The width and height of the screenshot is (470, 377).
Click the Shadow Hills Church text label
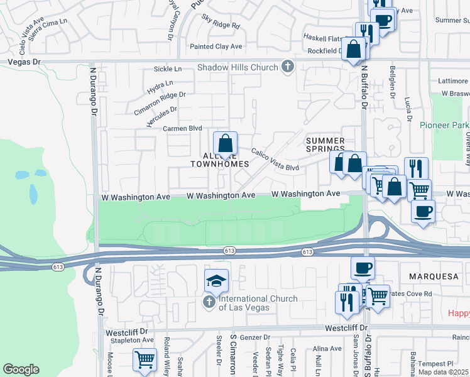(x=238, y=67)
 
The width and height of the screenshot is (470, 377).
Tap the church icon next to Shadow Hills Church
(x=288, y=67)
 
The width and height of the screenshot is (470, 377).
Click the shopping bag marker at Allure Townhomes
(x=224, y=143)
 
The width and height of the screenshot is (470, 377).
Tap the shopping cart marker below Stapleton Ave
(x=145, y=360)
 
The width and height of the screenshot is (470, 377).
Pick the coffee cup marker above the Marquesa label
(x=363, y=268)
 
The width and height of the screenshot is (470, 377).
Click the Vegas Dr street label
(x=24, y=62)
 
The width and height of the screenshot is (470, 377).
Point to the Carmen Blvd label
(x=182, y=128)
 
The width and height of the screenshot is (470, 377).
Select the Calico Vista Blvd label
(x=275, y=160)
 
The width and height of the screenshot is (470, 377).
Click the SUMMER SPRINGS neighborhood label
(x=325, y=145)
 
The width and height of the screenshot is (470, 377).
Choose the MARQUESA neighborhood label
(x=430, y=276)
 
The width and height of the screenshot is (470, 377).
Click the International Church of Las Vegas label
(x=249, y=303)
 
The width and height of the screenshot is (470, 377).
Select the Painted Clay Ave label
(x=216, y=46)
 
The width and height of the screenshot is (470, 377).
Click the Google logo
(x=21, y=369)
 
